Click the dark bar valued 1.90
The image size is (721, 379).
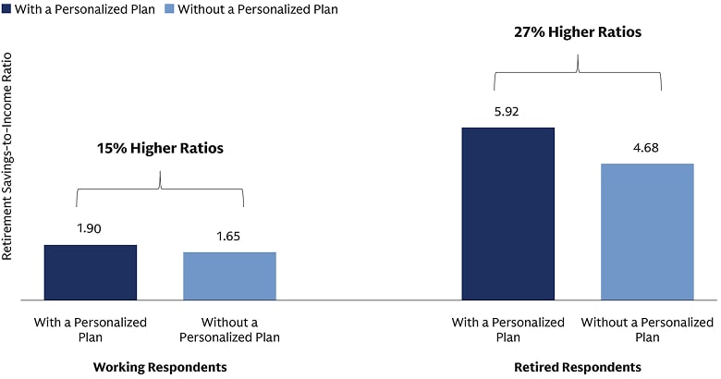click(x=91, y=273)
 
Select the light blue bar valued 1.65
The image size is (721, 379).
click(x=229, y=275)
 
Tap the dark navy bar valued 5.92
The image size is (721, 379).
click(x=507, y=214)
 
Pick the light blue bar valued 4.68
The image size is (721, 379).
click(x=647, y=232)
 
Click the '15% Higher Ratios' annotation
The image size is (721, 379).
click(x=160, y=148)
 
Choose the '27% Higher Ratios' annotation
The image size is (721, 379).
click(x=578, y=31)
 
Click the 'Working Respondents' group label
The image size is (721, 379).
click(x=160, y=367)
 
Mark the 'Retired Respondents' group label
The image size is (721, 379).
click(x=578, y=367)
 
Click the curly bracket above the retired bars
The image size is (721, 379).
click(x=578, y=74)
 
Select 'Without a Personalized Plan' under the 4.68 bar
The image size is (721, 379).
click(x=647, y=330)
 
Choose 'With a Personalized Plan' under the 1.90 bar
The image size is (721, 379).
click(x=91, y=330)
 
